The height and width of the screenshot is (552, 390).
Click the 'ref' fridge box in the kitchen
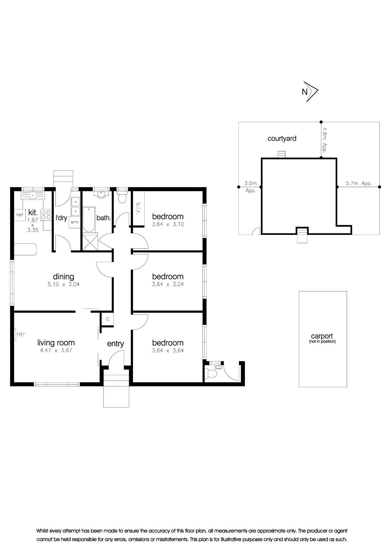(x=20, y=214)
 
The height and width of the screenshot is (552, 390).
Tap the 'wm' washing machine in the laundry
(x=74, y=222)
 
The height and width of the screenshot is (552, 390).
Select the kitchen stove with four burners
(x=46, y=215)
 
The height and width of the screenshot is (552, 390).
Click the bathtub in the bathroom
(x=89, y=220)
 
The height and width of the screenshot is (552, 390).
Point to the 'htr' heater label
(x=21, y=334)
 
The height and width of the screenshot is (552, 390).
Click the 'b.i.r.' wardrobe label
(x=138, y=208)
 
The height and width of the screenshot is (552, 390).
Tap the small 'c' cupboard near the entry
(x=108, y=319)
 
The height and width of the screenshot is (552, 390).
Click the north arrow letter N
(x=305, y=92)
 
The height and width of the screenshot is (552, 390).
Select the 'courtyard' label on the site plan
(x=282, y=138)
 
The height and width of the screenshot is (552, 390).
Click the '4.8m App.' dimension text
(x=325, y=140)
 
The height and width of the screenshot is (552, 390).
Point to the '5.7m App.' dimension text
(x=359, y=183)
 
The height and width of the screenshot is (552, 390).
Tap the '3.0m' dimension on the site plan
(x=250, y=183)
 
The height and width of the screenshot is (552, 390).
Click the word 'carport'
(x=322, y=336)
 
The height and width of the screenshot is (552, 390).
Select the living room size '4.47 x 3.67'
(x=56, y=351)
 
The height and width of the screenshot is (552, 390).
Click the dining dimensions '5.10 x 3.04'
(x=63, y=284)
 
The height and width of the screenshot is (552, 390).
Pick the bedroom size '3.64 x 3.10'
(x=168, y=224)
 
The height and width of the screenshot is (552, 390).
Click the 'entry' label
(x=115, y=344)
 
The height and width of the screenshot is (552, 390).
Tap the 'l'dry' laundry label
(x=61, y=218)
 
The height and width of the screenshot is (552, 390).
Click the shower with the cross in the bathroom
(x=90, y=242)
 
